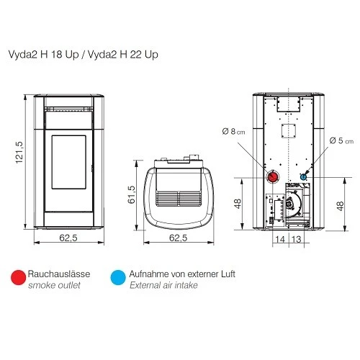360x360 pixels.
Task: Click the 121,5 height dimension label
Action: coord(19,153)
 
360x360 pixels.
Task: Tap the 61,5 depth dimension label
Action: coord(131,194)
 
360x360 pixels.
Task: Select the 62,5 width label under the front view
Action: coord(68,238)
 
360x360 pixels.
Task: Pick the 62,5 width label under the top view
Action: coord(178,238)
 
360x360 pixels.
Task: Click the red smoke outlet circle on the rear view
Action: coord(274,177)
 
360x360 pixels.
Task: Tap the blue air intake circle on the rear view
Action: coord(303,177)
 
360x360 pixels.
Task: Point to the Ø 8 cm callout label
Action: coord(233,132)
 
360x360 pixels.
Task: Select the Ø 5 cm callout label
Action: coord(341,140)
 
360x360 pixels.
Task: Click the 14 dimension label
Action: coord(280,239)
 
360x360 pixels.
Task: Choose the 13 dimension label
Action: coord(296,239)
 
